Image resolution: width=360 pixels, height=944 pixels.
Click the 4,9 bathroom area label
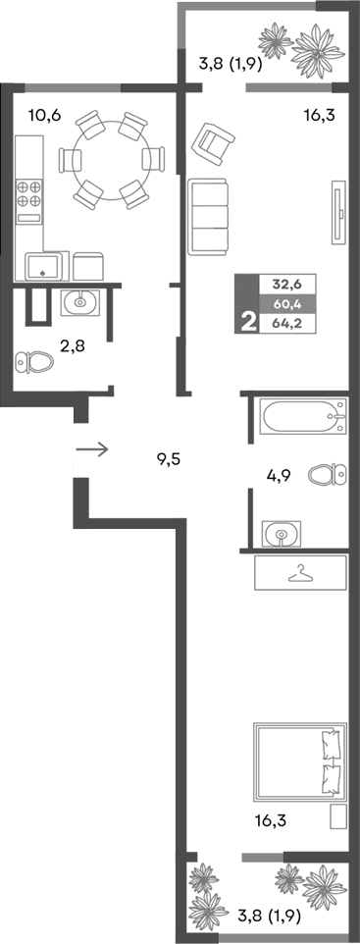point(280,477)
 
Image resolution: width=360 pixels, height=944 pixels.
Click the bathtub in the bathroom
point(300,418)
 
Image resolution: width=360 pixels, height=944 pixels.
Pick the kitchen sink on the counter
point(45,266)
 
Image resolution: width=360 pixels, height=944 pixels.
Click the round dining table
point(108,158)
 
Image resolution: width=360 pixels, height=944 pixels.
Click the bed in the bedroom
point(299,762)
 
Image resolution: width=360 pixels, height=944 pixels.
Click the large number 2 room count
point(245,320)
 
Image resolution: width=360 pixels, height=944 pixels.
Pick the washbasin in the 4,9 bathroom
point(283,534)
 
